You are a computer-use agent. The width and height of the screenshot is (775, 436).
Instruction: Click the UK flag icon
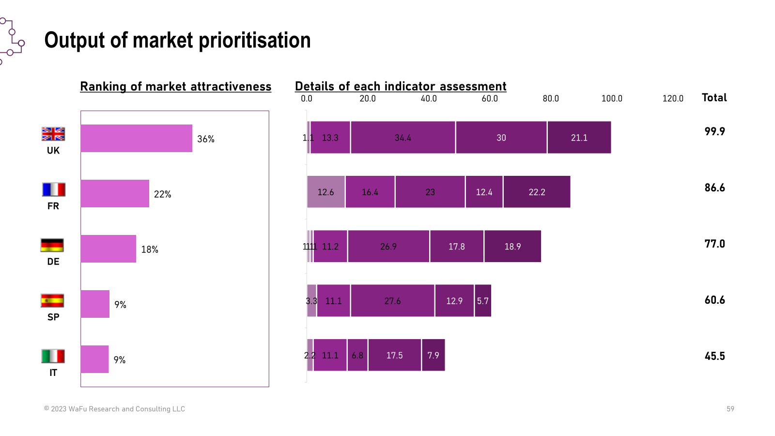coord(53,134)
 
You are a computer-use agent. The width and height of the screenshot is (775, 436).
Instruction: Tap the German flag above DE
coord(52,245)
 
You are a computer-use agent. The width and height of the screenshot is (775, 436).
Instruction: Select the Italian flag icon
coord(53,356)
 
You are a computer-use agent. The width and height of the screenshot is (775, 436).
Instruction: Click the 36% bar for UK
coord(136,139)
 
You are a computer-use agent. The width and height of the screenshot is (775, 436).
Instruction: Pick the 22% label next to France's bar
coord(163,194)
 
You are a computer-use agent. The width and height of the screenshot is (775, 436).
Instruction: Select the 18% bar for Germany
coord(108,249)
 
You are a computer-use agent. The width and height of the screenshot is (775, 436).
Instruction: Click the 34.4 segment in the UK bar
coord(403,138)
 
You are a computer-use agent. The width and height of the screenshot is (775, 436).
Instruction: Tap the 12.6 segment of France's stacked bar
coord(325,192)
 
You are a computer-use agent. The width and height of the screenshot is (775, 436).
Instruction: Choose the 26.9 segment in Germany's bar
coord(388,247)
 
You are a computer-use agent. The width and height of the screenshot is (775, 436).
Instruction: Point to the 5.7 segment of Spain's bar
coord(482,301)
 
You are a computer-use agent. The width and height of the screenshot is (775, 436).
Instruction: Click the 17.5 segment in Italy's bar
coord(394,355)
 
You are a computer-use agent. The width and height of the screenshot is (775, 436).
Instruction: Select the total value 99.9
coord(714,132)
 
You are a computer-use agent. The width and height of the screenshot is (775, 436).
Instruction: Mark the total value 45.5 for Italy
coord(714,356)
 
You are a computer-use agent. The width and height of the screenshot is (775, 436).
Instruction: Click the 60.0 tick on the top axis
coord(489,99)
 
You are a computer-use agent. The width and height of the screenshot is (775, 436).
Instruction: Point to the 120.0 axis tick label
coord(672,99)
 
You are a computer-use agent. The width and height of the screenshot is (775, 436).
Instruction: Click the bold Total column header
coord(714,98)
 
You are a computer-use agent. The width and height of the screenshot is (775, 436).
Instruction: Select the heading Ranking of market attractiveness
coord(175,87)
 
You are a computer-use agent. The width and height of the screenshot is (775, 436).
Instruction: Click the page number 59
coord(730,409)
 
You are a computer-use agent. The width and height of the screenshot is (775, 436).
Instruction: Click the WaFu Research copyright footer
coord(115,409)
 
